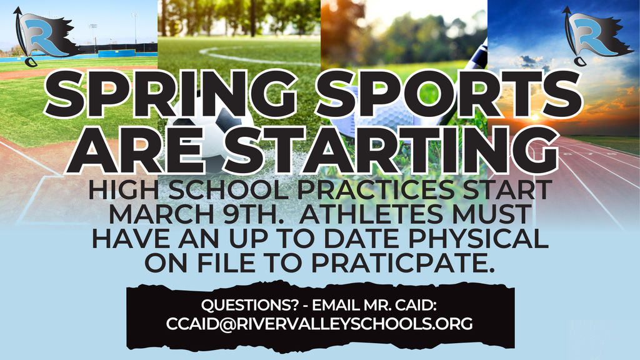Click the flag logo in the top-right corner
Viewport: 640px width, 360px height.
[x=591, y=34]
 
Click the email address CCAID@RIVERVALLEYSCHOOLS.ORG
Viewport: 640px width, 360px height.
[x=319, y=324]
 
